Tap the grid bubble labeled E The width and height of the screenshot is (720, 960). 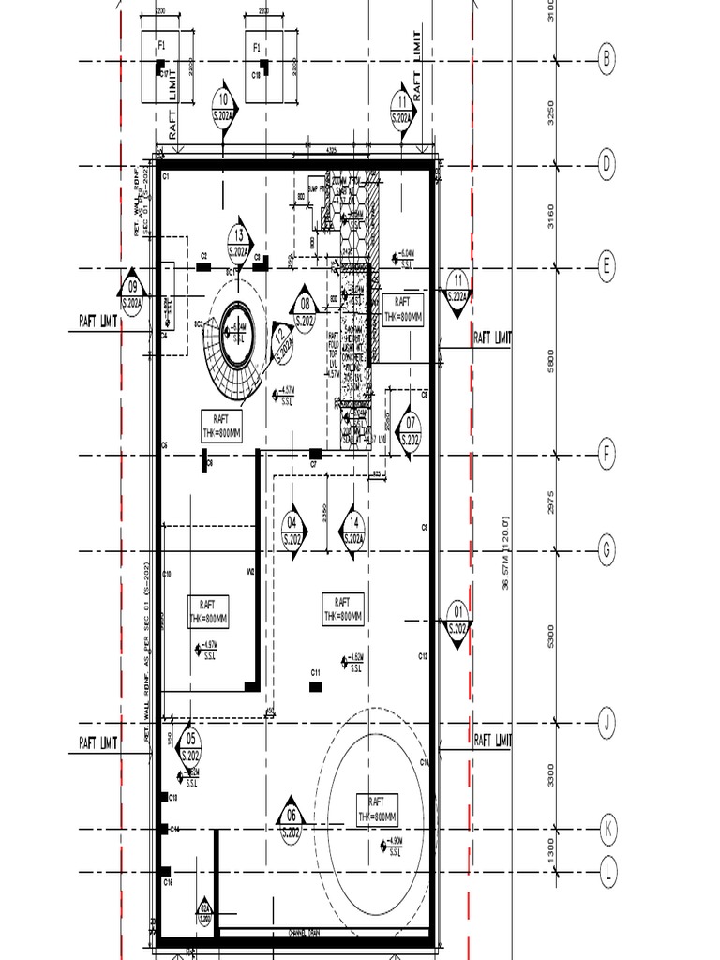tap(607, 267)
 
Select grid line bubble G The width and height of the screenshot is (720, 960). tap(607, 549)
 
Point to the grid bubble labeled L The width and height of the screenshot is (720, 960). tap(607, 873)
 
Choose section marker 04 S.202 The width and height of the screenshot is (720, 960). tap(292, 531)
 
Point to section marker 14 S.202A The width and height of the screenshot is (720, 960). tap(354, 531)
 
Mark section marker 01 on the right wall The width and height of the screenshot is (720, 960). tap(457, 619)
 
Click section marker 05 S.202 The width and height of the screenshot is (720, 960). tap(190, 746)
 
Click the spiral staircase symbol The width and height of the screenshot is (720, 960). tap(233, 348)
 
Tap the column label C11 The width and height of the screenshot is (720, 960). tap(316, 672)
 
